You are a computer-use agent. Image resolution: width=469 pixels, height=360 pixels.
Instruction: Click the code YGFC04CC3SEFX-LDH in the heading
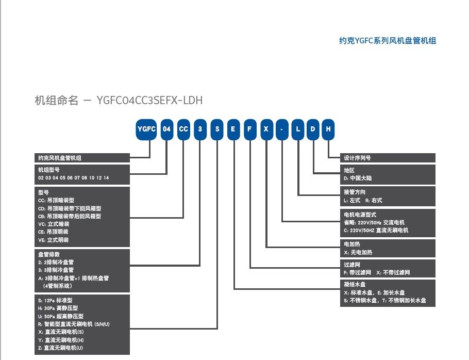(149, 101)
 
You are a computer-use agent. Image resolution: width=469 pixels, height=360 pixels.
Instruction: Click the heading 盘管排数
(49, 254)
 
